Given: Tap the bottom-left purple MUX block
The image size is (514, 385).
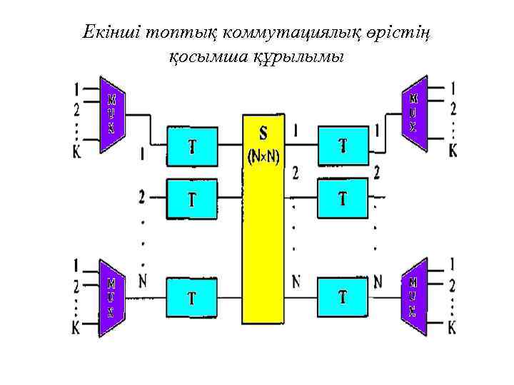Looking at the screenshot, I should point(112,294).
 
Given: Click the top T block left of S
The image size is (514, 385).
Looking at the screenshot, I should point(191,147).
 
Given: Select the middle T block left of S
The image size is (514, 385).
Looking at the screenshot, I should point(191,197).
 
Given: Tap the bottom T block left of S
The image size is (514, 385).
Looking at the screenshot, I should point(191,297).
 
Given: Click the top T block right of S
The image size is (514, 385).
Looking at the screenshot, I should point(343,147).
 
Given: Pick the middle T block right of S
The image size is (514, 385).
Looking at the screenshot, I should point(343,197).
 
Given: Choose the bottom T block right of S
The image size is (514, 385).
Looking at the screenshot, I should point(343,297).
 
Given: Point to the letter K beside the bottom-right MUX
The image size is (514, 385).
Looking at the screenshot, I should point(453,329).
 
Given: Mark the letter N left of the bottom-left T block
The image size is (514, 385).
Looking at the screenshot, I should point(143,281).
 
